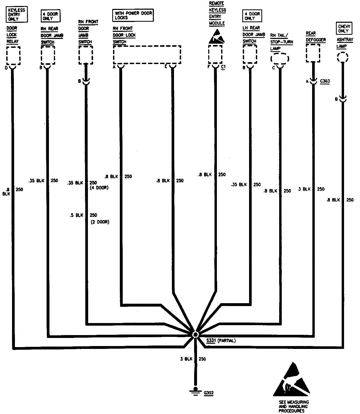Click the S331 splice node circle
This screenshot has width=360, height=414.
point(195,335)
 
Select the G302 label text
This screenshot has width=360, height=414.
point(209,393)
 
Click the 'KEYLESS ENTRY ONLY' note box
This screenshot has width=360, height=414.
point(16,15)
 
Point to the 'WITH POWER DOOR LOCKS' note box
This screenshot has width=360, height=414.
point(133,15)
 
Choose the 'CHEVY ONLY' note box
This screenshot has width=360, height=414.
point(344,28)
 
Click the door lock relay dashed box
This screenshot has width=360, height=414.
point(13,56)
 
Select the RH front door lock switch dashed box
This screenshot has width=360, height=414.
point(147,55)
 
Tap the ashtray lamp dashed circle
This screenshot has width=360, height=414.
point(342,57)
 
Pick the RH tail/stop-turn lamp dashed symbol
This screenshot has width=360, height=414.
point(280,59)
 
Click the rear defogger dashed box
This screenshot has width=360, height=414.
point(313,53)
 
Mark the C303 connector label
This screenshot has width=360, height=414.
point(325,81)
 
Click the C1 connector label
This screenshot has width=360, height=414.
point(223,67)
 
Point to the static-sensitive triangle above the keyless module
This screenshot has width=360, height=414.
point(217,37)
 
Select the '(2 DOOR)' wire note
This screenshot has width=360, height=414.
point(100,222)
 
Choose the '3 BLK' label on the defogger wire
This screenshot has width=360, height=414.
point(304,189)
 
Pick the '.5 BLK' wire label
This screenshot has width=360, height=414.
point(76,215)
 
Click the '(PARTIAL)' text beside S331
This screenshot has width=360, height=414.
point(227,341)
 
